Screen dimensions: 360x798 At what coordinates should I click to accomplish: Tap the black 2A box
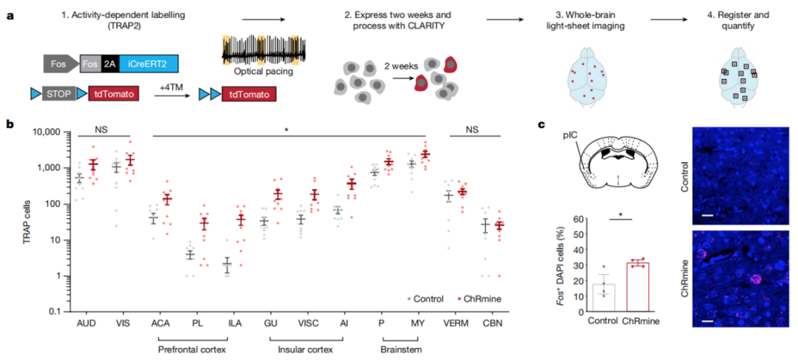[109, 65]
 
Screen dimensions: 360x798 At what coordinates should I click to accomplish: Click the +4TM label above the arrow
[174, 86]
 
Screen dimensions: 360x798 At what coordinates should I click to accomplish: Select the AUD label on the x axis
[86, 324]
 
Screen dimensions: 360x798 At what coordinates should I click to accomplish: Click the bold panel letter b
[10, 123]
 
